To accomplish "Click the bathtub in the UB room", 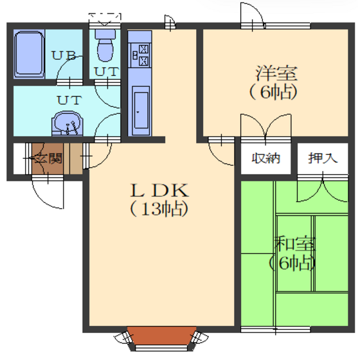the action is [29, 54].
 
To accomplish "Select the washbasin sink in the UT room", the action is [67, 123].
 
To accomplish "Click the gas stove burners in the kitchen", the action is [141, 55].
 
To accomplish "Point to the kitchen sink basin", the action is [141, 111].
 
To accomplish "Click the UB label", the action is [64, 56].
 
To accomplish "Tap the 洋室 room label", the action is [276, 73].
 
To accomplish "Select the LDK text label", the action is [159, 190].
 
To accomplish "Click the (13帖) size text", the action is [159, 209].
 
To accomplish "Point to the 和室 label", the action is [295, 244].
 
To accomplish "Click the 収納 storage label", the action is [266, 158].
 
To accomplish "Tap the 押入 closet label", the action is [323, 158].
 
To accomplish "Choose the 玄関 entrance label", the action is [48, 158].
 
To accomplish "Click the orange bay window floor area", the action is [161, 336].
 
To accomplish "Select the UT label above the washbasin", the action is [69, 100].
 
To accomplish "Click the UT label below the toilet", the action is [107, 72].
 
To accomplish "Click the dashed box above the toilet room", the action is [105, 18].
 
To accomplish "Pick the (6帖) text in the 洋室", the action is [273, 92].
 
